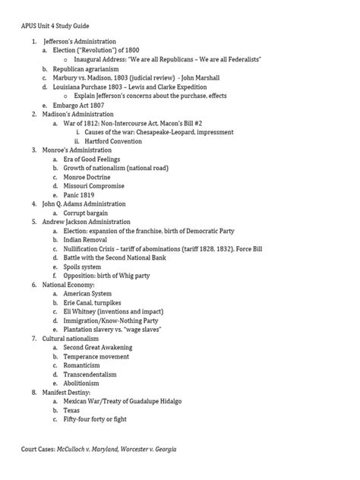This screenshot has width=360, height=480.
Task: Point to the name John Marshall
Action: coord(201,77)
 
